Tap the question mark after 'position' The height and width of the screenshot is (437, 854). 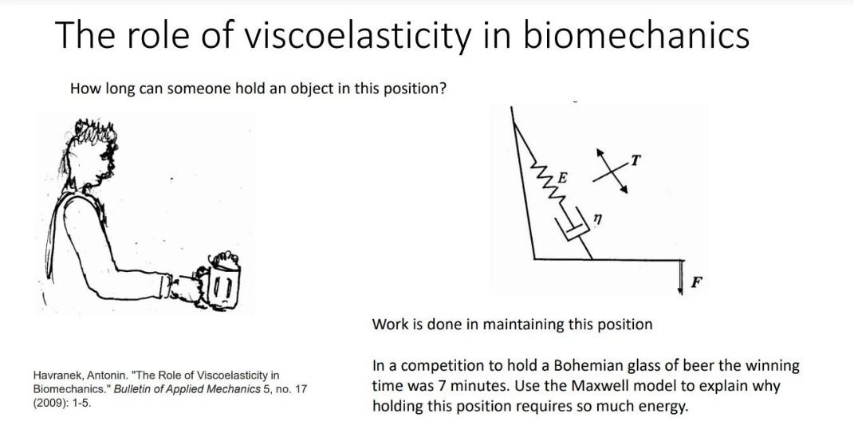tap(442, 89)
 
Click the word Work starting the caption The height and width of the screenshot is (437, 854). tap(389, 325)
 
